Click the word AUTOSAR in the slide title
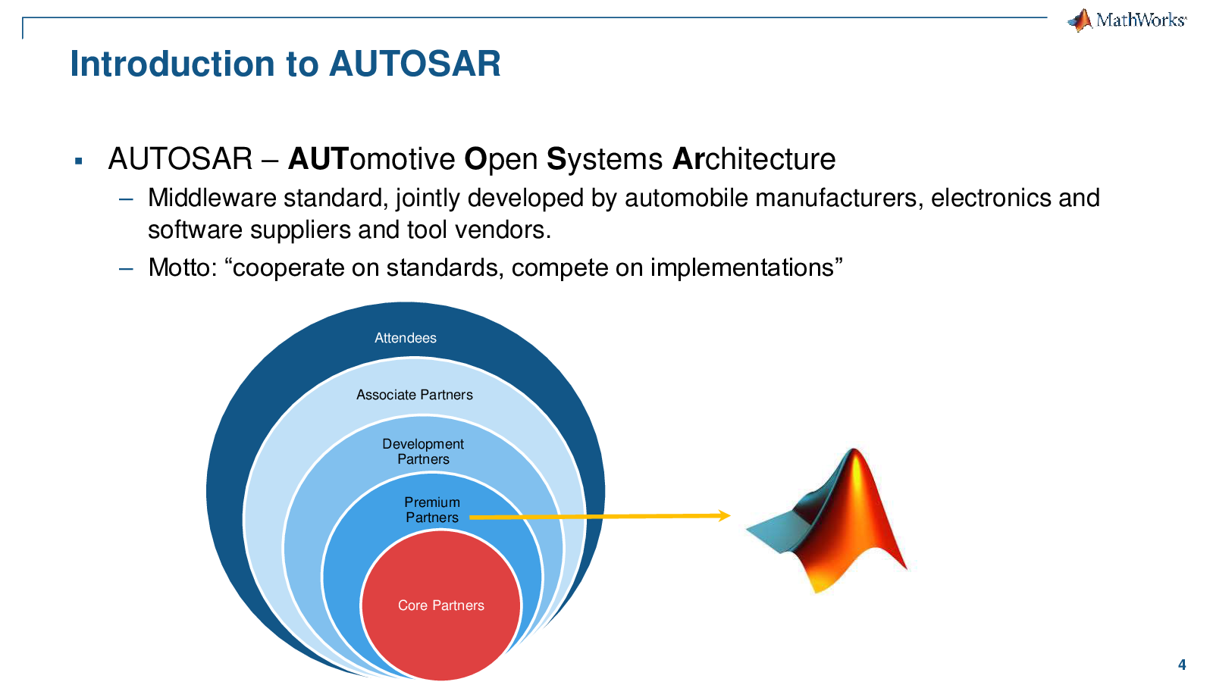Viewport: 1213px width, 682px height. click(415, 64)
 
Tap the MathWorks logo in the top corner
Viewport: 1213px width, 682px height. click(1127, 20)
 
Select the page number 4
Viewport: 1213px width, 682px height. click(1182, 665)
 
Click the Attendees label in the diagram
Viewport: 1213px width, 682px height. click(406, 338)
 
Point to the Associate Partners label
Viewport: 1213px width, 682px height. click(414, 395)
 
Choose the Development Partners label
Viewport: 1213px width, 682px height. click(423, 452)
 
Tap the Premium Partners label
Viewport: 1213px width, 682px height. click(432, 510)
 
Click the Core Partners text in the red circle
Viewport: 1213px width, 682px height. click(440, 605)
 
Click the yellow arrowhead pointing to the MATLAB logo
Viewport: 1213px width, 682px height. click(724, 515)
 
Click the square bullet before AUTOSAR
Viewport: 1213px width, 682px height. click(79, 161)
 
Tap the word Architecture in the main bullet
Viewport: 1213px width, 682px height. click(754, 159)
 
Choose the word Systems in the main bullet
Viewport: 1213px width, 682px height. click(604, 159)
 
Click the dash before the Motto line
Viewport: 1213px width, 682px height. click(126, 268)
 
